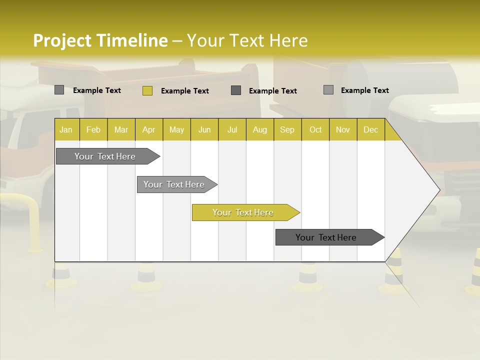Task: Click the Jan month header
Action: pyautogui.click(x=66, y=129)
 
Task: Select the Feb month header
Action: pyautogui.click(x=93, y=129)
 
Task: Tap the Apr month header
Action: pyautogui.click(x=149, y=129)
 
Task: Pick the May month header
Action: pyautogui.click(x=176, y=129)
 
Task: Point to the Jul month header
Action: pyautogui.click(x=232, y=129)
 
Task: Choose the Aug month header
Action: pyautogui.click(x=260, y=129)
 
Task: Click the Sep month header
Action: pyautogui.click(x=287, y=129)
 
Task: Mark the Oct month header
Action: pyautogui.click(x=315, y=129)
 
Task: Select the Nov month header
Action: pyautogui.click(x=343, y=129)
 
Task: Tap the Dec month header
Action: pyautogui.click(x=371, y=129)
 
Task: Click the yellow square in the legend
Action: pyautogui.click(x=147, y=90)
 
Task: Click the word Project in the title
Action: pyautogui.click(x=62, y=40)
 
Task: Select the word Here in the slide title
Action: pyautogui.click(x=289, y=40)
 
